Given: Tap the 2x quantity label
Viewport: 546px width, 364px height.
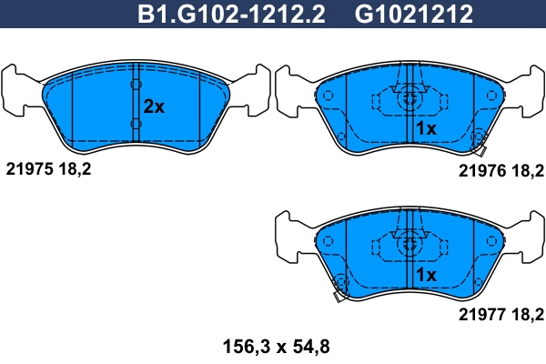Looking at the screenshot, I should click(x=154, y=106).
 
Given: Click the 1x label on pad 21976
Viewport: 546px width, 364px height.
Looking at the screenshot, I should click(x=426, y=129).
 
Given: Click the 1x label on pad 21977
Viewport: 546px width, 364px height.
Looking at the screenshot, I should click(x=426, y=275).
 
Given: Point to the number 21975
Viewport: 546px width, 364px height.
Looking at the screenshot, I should click(x=29, y=168).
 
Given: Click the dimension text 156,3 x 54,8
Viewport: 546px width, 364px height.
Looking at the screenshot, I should click(x=274, y=346).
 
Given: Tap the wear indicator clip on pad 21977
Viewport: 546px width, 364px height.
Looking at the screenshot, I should click(x=339, y=292).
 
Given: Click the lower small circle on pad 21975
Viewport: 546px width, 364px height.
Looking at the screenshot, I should click(x=136, y=125).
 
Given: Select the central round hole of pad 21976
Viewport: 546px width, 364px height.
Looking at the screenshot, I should click(x=410, y=95).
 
